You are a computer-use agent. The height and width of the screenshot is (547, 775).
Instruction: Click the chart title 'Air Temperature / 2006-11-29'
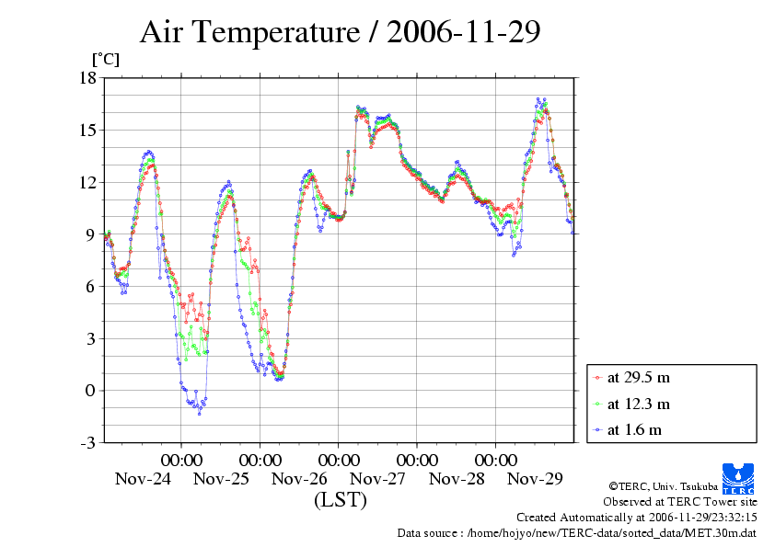pos(340,32)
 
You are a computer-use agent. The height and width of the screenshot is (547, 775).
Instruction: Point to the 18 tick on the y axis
pos(87,78)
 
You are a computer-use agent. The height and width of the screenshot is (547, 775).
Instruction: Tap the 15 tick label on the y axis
pos(87,130)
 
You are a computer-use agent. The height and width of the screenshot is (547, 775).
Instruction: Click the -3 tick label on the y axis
pos(87,443)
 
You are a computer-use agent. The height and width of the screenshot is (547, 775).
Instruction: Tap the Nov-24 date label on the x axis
pos(143,479)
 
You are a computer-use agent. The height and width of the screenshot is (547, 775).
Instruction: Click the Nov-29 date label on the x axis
pos(536,479)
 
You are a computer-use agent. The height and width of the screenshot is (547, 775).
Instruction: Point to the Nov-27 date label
pos(378,479)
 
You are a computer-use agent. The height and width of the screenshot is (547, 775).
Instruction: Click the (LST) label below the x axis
pos(340,501)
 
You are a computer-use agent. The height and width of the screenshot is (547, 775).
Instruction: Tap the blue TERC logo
pos(740,476)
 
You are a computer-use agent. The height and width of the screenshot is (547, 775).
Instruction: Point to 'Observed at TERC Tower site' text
pos(679,502)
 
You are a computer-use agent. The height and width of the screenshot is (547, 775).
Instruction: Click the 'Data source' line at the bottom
pos(576,533)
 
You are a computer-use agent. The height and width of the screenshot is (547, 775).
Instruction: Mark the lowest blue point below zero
pos(199,414)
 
